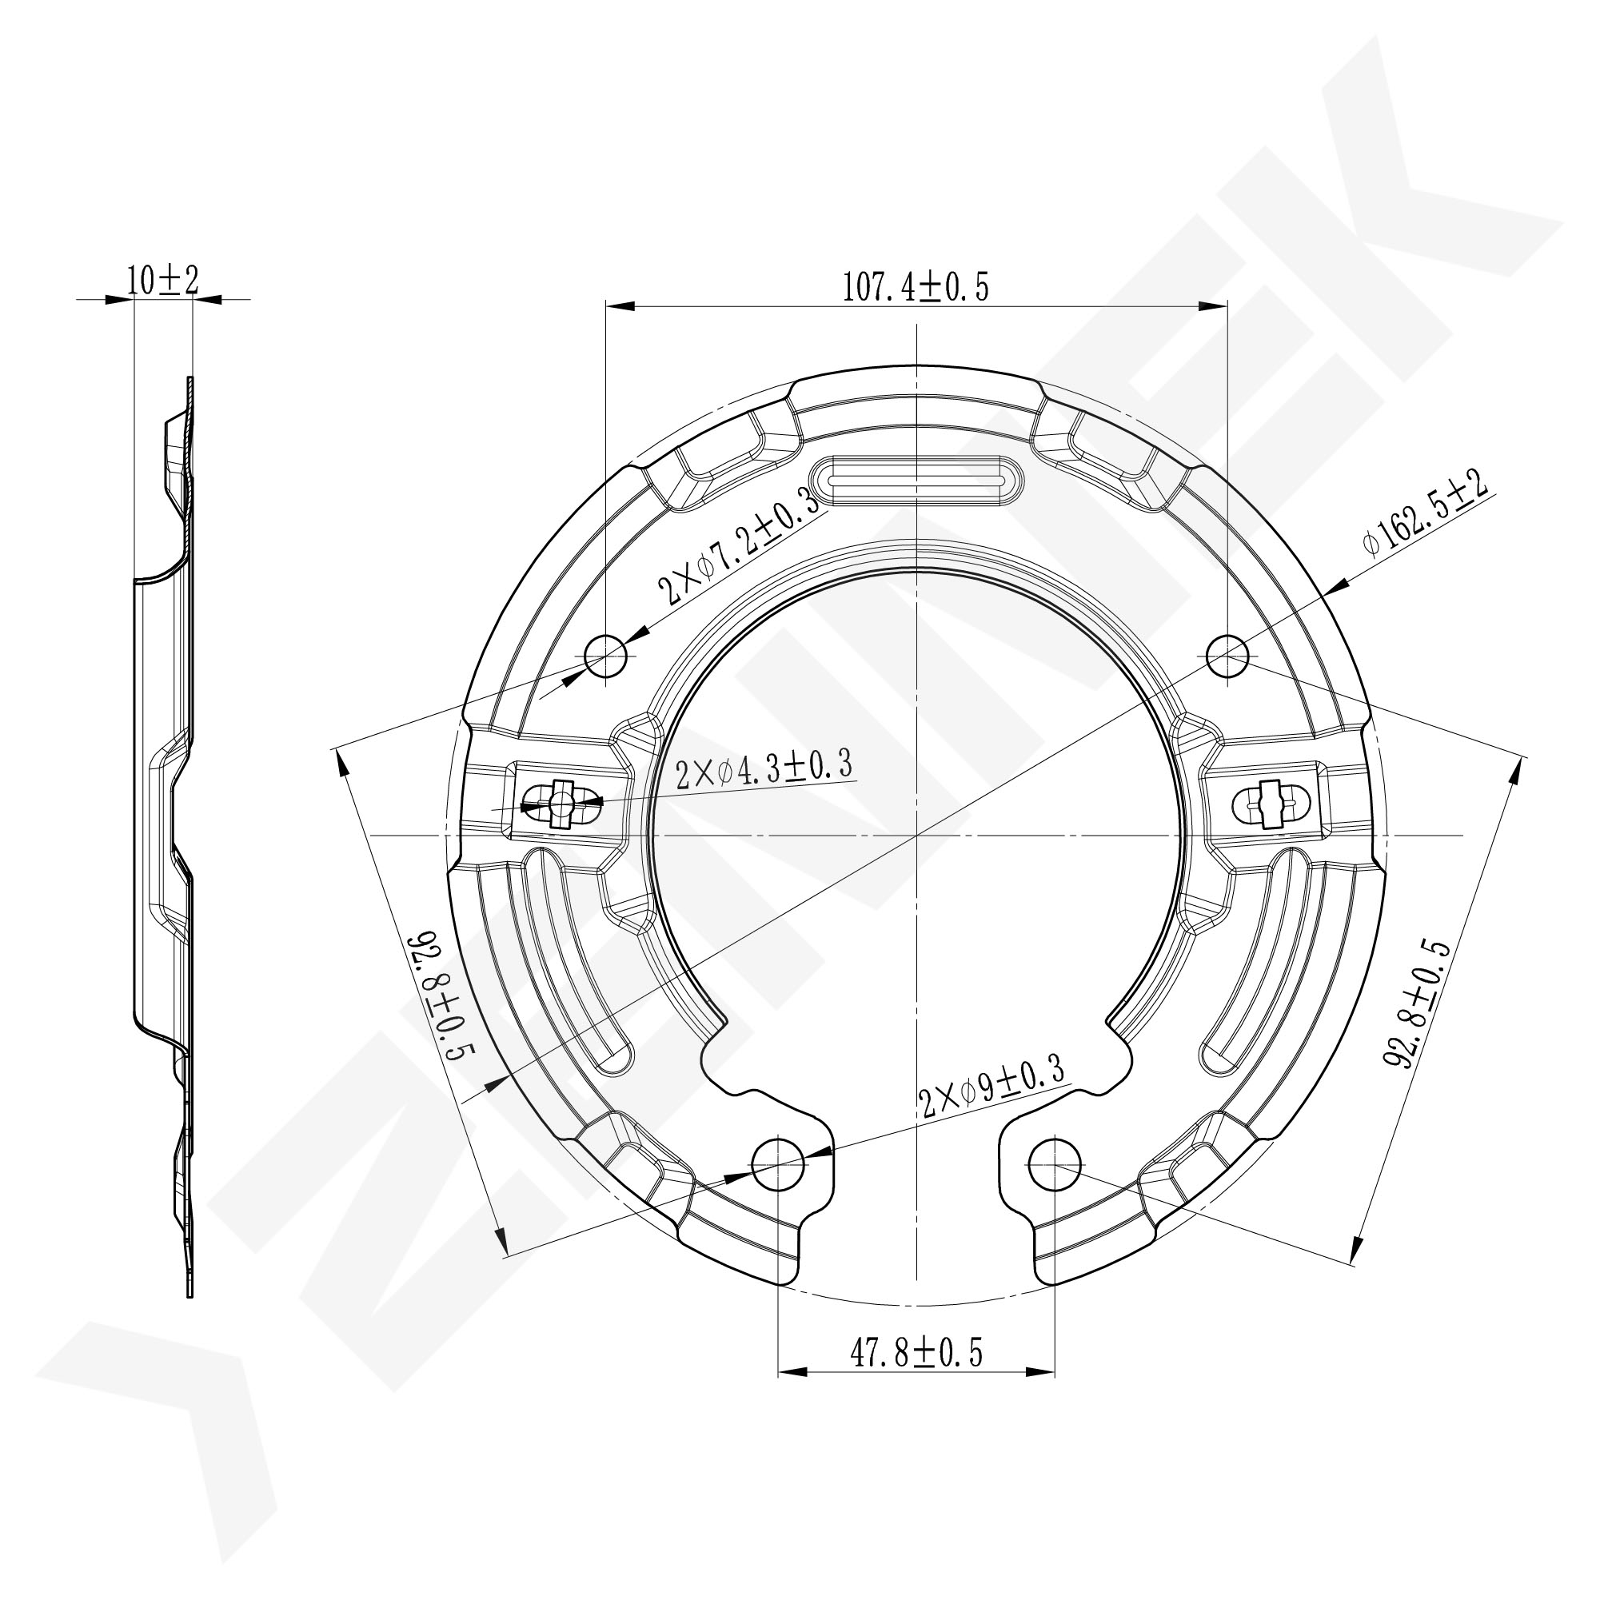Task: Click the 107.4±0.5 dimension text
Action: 916,286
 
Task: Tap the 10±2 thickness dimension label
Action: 163,281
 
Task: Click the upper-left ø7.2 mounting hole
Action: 606,656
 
